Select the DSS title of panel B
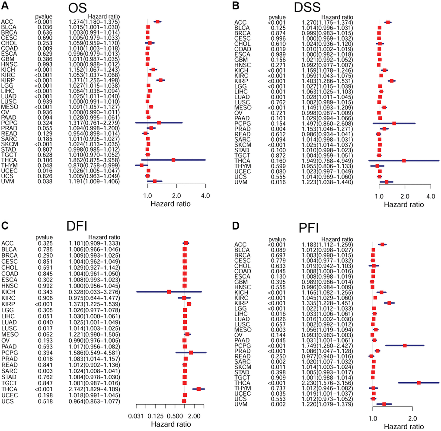(320, 10)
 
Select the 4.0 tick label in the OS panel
(205, 196)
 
